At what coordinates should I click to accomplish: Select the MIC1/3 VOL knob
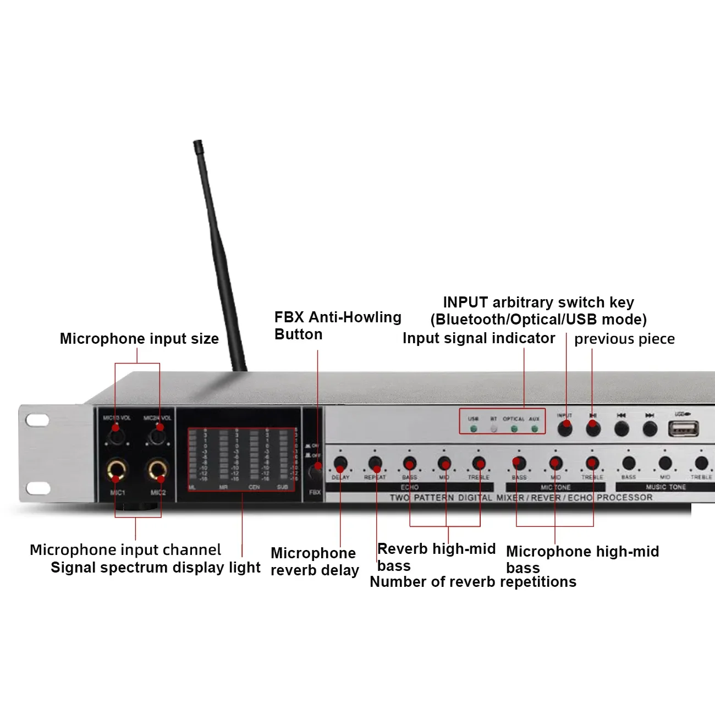tap(116, 436)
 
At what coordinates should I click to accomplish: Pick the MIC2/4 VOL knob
tap(157, 436)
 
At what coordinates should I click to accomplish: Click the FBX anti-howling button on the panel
tap(316, 471)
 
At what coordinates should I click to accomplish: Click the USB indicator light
tap(474, 429)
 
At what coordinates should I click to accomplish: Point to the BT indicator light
tap(494, 429)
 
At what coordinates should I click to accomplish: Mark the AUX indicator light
tap(535, 429)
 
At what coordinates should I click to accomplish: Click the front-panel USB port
tap(683, 428)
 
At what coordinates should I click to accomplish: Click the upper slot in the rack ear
tap(37, 421)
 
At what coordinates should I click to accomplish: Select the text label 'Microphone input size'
tap(139, 339)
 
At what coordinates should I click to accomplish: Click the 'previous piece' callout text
tap(624, 339)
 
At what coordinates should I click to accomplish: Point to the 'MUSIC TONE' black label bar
tap(665, 487)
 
